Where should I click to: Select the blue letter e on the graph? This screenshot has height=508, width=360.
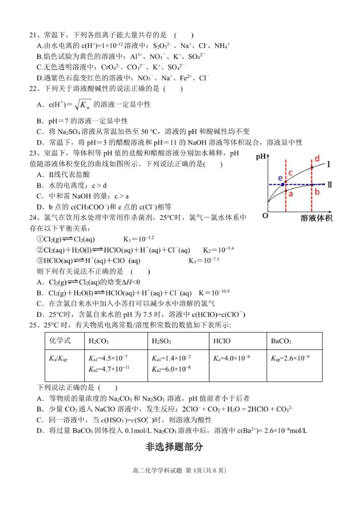click(x=280, y=177)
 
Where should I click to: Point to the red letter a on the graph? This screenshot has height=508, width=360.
click(x=291, y=194)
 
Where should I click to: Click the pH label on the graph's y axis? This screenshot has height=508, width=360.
click(x=260, y=157)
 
